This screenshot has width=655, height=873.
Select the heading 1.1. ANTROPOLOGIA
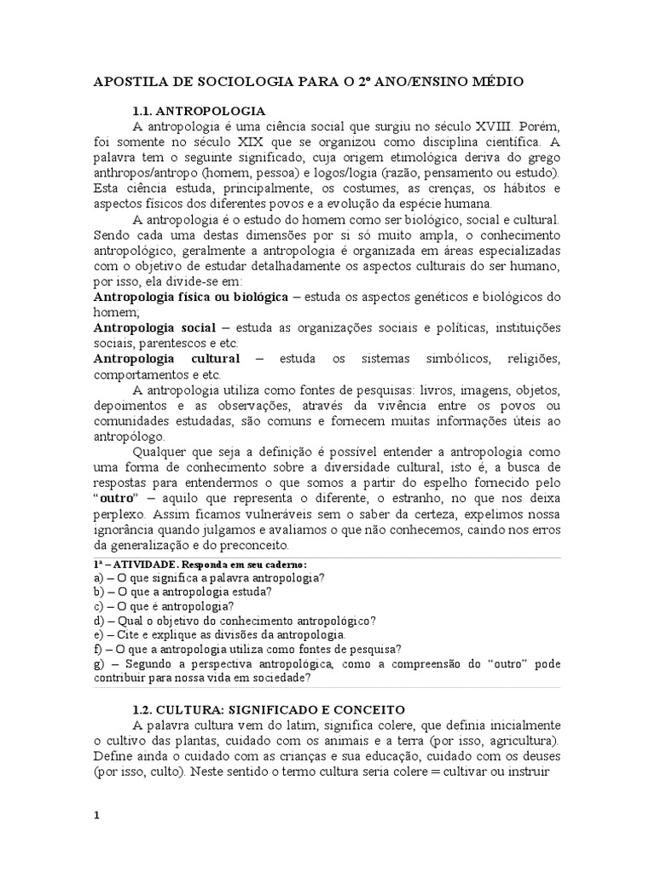199,111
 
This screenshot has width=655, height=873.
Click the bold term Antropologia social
154,327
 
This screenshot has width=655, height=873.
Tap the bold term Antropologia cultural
166,358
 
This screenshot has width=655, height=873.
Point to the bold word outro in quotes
119,499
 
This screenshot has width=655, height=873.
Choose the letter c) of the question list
98,605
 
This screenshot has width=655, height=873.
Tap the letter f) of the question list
97,648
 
